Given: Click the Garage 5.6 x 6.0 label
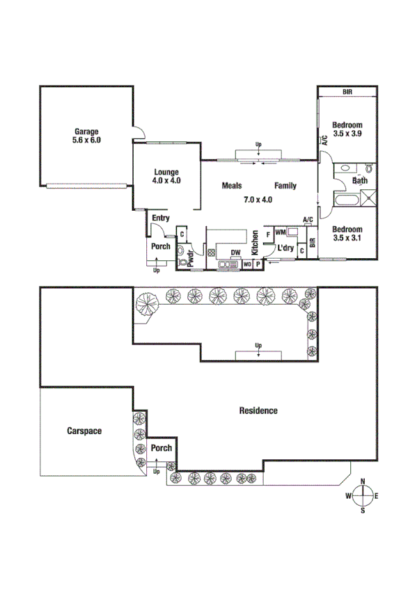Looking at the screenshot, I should coord(87,135).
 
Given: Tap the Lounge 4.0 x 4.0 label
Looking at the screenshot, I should coord(167,176).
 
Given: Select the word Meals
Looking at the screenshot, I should coord(232,186).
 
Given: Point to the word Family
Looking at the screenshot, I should coord(285,186).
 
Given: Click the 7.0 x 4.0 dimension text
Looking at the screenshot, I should coord(257,200).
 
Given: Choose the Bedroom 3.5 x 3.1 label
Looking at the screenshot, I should coord(347,233).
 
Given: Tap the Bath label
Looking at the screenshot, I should coord(360,181).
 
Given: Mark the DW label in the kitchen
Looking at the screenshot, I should coord(236,253).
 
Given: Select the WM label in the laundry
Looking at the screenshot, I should coord(281,232).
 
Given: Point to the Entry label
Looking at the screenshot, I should coord(161,218).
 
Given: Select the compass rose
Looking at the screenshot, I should coord(363,495).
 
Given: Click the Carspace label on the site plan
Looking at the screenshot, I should coord(84,431).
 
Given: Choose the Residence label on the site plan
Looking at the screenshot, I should coord(258,410).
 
